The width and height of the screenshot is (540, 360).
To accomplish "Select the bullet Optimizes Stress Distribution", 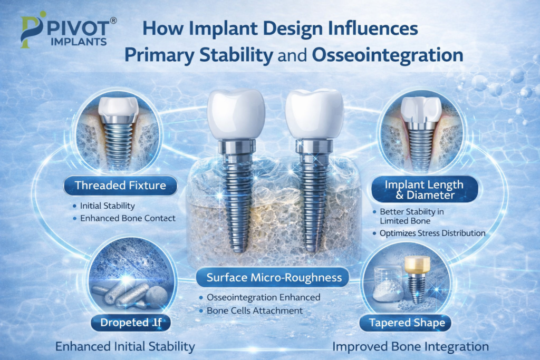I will pos(432,233).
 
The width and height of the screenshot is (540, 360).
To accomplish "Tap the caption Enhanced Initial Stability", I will pos(126,347).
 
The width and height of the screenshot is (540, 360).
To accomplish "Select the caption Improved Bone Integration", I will pos(411,347).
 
